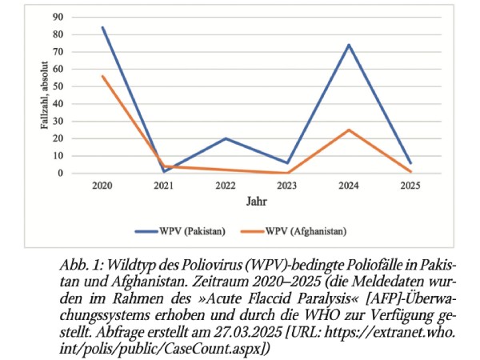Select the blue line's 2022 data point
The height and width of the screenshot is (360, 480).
pos(226,138)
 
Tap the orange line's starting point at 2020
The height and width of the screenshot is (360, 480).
pos(102,76)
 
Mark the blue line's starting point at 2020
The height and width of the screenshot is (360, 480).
pos(102,27)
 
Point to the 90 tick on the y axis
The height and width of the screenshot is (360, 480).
pos(58,17)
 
